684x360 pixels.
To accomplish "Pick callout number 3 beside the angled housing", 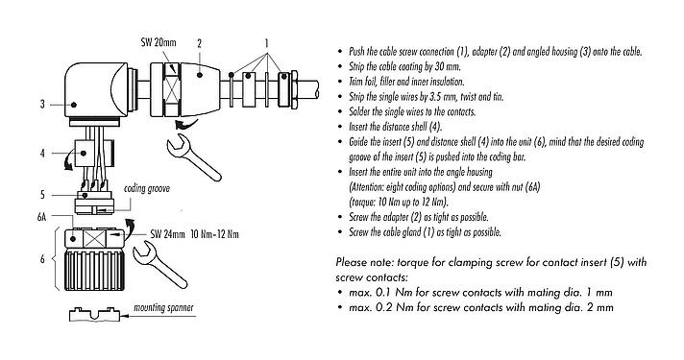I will click(x=43, y=104).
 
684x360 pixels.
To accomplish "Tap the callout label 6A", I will click(x=41, y=218).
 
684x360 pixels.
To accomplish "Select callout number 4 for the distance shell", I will click(x=43, y=153).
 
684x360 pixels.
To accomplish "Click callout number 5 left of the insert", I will click(x=43, y=195).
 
